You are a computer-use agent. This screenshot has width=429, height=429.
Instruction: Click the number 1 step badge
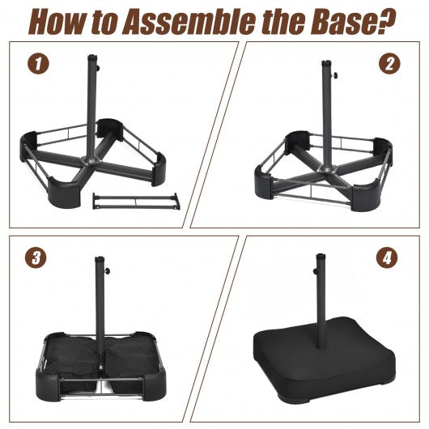tap(38, 63)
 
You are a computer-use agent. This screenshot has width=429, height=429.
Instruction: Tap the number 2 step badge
tap(389, 64)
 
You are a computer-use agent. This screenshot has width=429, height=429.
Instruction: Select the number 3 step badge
tap(36, 257)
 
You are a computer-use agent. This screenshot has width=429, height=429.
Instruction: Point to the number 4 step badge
tap(387, 257)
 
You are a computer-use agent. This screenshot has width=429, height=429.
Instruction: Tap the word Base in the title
tap(344, 21)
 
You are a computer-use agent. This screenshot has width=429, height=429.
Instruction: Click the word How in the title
tap(57, 21)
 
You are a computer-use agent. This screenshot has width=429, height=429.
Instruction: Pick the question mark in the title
tap(387, 20)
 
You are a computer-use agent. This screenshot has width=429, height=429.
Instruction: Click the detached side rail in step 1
tap(136, 201)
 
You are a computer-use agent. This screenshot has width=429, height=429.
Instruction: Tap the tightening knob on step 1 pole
tap(98, 67)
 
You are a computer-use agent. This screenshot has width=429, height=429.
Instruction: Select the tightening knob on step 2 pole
tap(334, 74)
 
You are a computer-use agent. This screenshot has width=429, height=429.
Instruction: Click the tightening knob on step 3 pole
tap(108, 271)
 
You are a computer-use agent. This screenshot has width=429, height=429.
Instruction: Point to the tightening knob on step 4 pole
tap(315, 270)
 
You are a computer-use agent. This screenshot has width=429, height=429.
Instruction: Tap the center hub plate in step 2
tap(326, 169)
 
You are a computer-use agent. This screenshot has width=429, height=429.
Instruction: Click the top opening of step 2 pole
tap(326, 62)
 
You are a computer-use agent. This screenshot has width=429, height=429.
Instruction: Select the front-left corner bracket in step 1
tap(65, 193)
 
